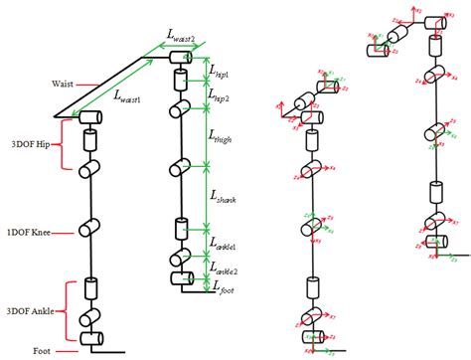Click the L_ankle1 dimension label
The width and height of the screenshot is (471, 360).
point(226,244)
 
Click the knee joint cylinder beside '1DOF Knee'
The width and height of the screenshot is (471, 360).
point(90,230)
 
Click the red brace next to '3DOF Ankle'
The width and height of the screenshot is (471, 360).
point(65,311)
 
